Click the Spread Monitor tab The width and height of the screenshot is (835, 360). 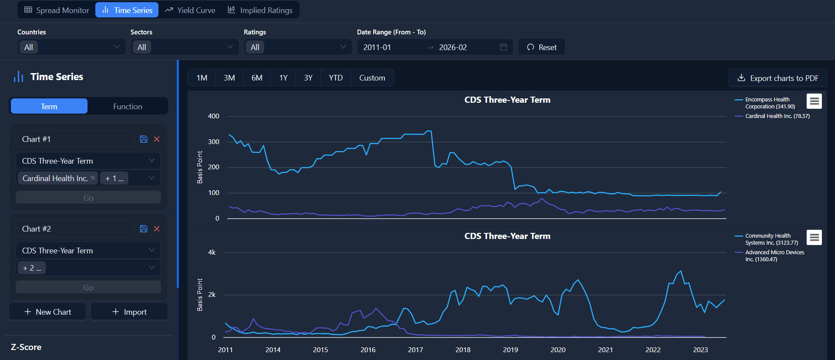click(57, 10)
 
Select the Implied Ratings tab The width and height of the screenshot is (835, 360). click(260, 10)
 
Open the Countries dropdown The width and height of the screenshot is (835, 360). click(72, 47)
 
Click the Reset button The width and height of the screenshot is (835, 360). click(542, 47)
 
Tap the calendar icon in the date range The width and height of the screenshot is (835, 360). click(503, 47)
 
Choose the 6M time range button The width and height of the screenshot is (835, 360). click(257, 78)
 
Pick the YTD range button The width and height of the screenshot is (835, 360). click(336, 78)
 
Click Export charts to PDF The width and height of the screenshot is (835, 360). click(778, 78)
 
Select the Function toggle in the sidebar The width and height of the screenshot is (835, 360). click(128, 107)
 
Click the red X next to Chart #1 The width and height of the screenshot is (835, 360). click(157, 139)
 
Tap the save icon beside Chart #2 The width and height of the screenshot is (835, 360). click(144, 229)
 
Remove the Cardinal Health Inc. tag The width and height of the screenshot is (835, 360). click(93, 178)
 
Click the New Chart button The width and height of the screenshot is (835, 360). click(47, 312)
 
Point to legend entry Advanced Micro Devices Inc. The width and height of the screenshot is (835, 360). click(774, 256)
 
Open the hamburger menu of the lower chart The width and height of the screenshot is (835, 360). click(814, 238)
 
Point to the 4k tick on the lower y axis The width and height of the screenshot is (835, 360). click(212, 252)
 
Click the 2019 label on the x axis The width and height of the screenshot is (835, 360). click(510, 350)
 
